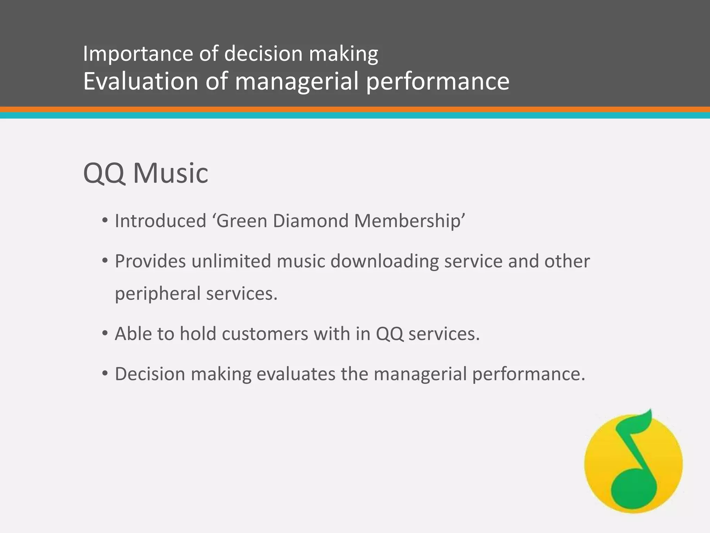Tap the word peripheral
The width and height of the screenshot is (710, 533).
[x=158, y=294]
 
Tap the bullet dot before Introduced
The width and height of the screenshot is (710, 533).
[x=105, y=221]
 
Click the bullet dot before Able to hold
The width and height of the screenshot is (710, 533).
[x=105, y=334]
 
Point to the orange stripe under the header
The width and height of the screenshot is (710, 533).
[x=355, y=109]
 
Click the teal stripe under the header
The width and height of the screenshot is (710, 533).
[x=355, y=115]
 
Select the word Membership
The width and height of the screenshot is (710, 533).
[x=409, y=221]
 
